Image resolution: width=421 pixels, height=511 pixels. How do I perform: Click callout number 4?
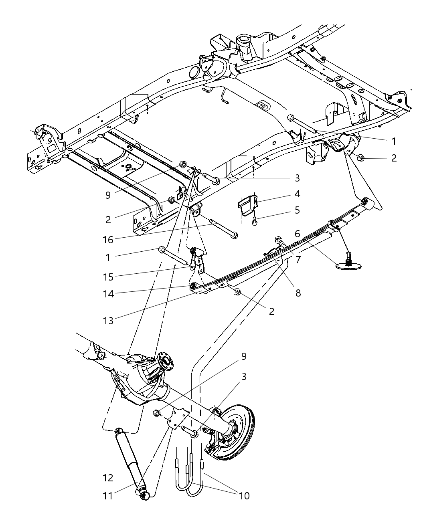point(297,194)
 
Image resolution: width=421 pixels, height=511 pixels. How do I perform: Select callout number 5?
point(297,210)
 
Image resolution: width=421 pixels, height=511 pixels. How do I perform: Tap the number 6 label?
point(298,234)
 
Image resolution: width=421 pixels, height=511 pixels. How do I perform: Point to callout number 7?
point(298,260)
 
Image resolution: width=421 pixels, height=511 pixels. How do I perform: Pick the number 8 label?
point(298,293)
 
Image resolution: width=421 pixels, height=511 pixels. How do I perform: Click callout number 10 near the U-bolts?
point(244,496)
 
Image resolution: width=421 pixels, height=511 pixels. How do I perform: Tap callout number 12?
point(107,478)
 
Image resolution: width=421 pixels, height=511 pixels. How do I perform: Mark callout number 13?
point(107,321)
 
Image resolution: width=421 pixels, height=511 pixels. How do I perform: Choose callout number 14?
point(107,294)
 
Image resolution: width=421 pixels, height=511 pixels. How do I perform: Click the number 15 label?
point(107,277)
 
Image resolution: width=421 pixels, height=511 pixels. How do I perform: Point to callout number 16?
point(107,240)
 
